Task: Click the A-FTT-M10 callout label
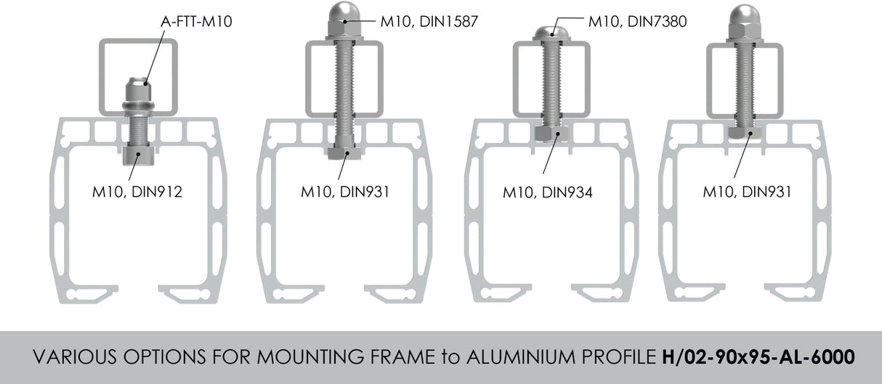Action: coord(195,22)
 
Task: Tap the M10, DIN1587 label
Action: coord(429,22)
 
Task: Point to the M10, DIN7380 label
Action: coord(637,22)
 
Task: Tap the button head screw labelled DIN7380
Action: coord(551,33)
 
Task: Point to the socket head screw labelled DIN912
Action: coord(137,154)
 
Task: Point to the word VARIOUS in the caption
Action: coord(70,358)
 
